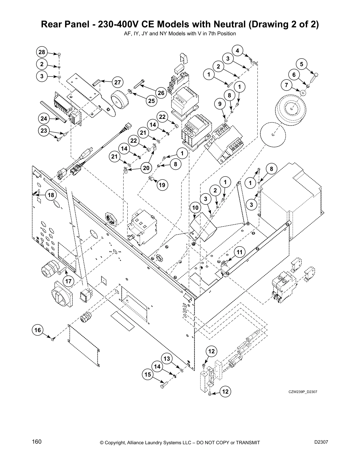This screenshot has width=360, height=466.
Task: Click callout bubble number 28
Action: point(42,52)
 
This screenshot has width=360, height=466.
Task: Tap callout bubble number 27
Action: point(117,82)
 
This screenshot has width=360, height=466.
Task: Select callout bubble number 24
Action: point(44,119)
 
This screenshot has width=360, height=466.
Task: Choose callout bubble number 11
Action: point(239,252)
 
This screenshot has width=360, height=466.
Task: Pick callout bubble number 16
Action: point(37,330)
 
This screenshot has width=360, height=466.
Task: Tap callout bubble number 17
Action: point(68,281)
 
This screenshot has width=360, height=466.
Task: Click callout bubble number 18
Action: point(51,195)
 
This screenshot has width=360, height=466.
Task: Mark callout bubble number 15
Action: point(148,375)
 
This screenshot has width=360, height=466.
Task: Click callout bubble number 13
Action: point(167,359)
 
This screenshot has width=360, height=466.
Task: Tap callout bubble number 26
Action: point(161,93)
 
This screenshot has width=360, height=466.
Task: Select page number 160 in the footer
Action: point(37,442)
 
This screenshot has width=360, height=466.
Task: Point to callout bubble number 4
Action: point(237,50)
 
